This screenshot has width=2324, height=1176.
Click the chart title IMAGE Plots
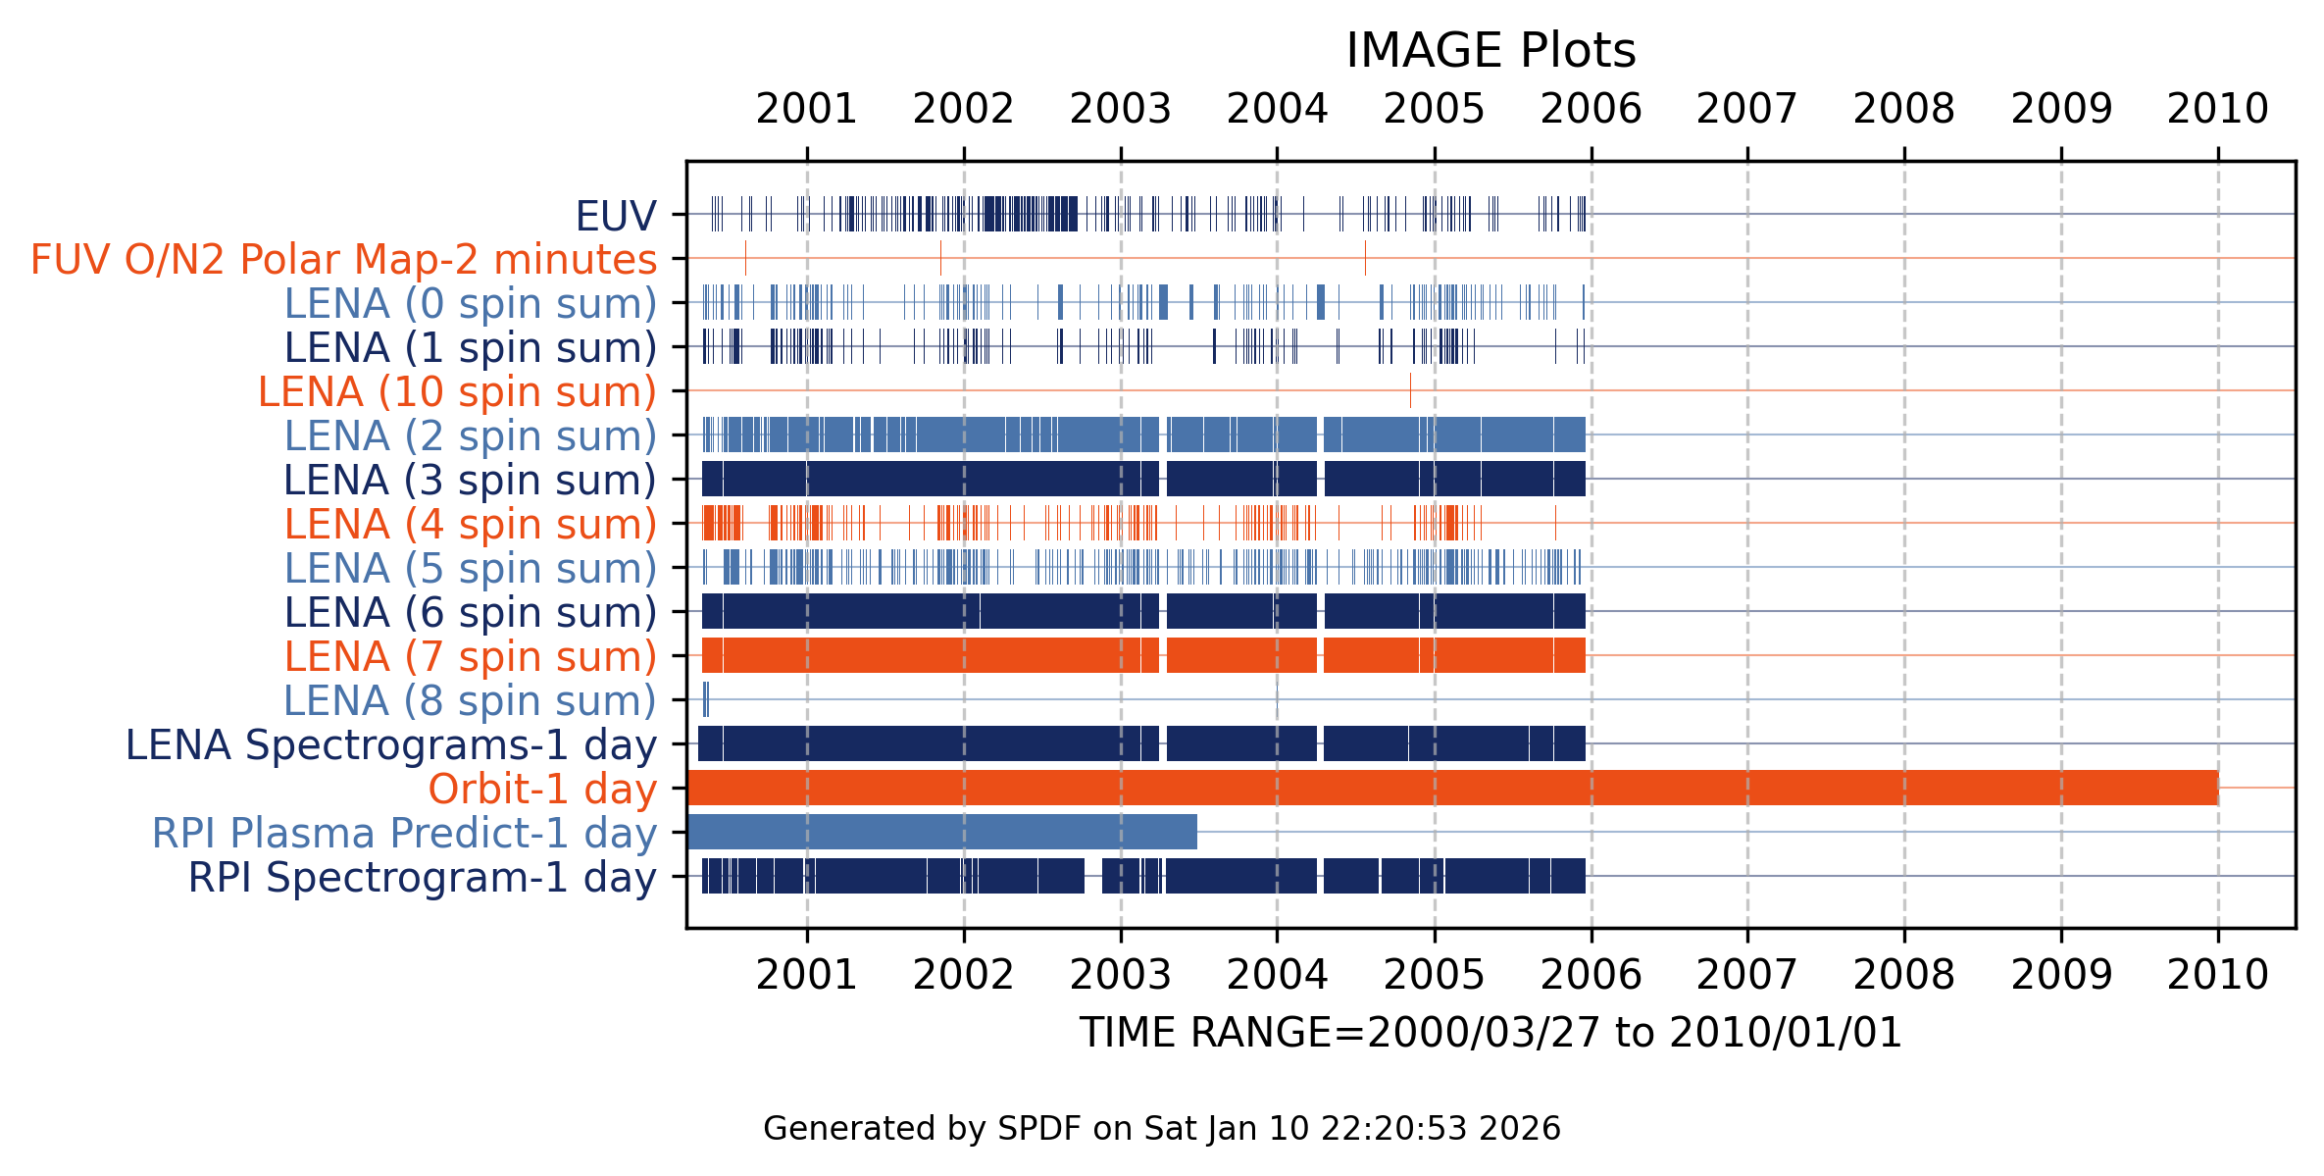click(x=1490, y=50)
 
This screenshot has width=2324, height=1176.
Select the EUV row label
click(x=615, y=216)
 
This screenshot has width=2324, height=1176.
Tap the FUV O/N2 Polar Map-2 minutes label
click(x=343, y=260)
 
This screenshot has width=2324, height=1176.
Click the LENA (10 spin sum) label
click(x=457, y=392)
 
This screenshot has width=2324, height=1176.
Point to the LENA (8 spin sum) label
click(x=470, y=701)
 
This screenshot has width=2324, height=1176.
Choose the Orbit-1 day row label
click(x=542, y=790)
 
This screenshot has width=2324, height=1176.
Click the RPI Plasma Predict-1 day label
click(x=404, y=834)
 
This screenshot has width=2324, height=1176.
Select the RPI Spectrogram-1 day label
click(x=422, y=878)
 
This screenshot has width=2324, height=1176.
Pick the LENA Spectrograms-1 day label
click(x=390, y=745)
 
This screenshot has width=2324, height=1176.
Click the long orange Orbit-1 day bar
click(x=1451, y=788)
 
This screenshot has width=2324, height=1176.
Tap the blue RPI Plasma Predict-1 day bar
click(x=941, y=832)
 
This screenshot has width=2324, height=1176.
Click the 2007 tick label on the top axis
click(x=1747, y=109)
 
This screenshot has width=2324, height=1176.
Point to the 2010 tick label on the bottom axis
click(x=2218, y=975)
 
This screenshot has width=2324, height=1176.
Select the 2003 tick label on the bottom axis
click(x=1121, y=975)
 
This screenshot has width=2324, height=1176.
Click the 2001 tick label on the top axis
click(x=807, y=109)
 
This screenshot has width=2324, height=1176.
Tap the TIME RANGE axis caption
click(x=1490, y=1034)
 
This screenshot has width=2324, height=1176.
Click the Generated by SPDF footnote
click(x=1162, y=1129)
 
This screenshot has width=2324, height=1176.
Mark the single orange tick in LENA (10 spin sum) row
click(x=1410, y=390)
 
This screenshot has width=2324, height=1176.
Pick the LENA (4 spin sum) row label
click(x=470, y=525)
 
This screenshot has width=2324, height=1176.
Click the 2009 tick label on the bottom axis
click(x=2061, y=975)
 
